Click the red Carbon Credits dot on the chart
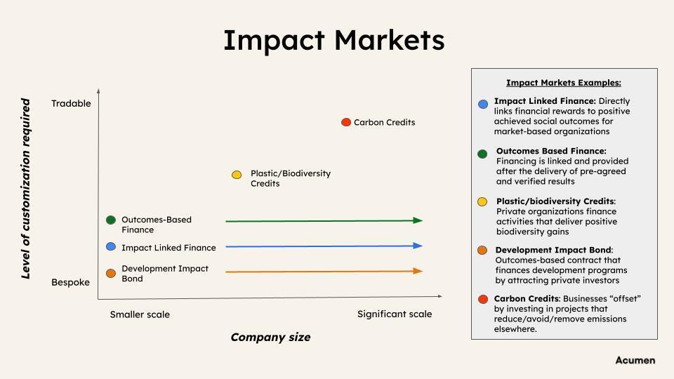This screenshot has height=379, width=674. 346,122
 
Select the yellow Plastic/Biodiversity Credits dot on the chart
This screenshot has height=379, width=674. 237,175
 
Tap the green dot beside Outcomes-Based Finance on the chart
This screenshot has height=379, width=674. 111,220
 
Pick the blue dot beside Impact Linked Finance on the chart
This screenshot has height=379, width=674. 111,246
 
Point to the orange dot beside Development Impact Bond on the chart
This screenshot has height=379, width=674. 111,273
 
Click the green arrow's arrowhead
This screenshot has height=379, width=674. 418,220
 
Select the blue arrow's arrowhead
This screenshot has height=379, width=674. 418,246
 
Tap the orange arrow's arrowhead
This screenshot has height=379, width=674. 418,271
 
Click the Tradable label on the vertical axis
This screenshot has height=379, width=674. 71,104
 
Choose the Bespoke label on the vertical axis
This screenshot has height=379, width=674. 70,282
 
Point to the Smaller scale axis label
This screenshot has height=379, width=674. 140,314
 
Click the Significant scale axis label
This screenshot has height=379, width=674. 395,314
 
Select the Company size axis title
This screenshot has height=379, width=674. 270,338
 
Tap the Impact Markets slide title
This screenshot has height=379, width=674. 334,41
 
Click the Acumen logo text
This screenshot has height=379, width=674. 635,360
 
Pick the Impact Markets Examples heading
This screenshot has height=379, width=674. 564,83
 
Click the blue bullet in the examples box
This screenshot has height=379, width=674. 483,104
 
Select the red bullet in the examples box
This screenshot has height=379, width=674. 483,300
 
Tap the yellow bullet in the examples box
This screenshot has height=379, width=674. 482,202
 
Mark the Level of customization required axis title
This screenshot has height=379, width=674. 26,189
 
